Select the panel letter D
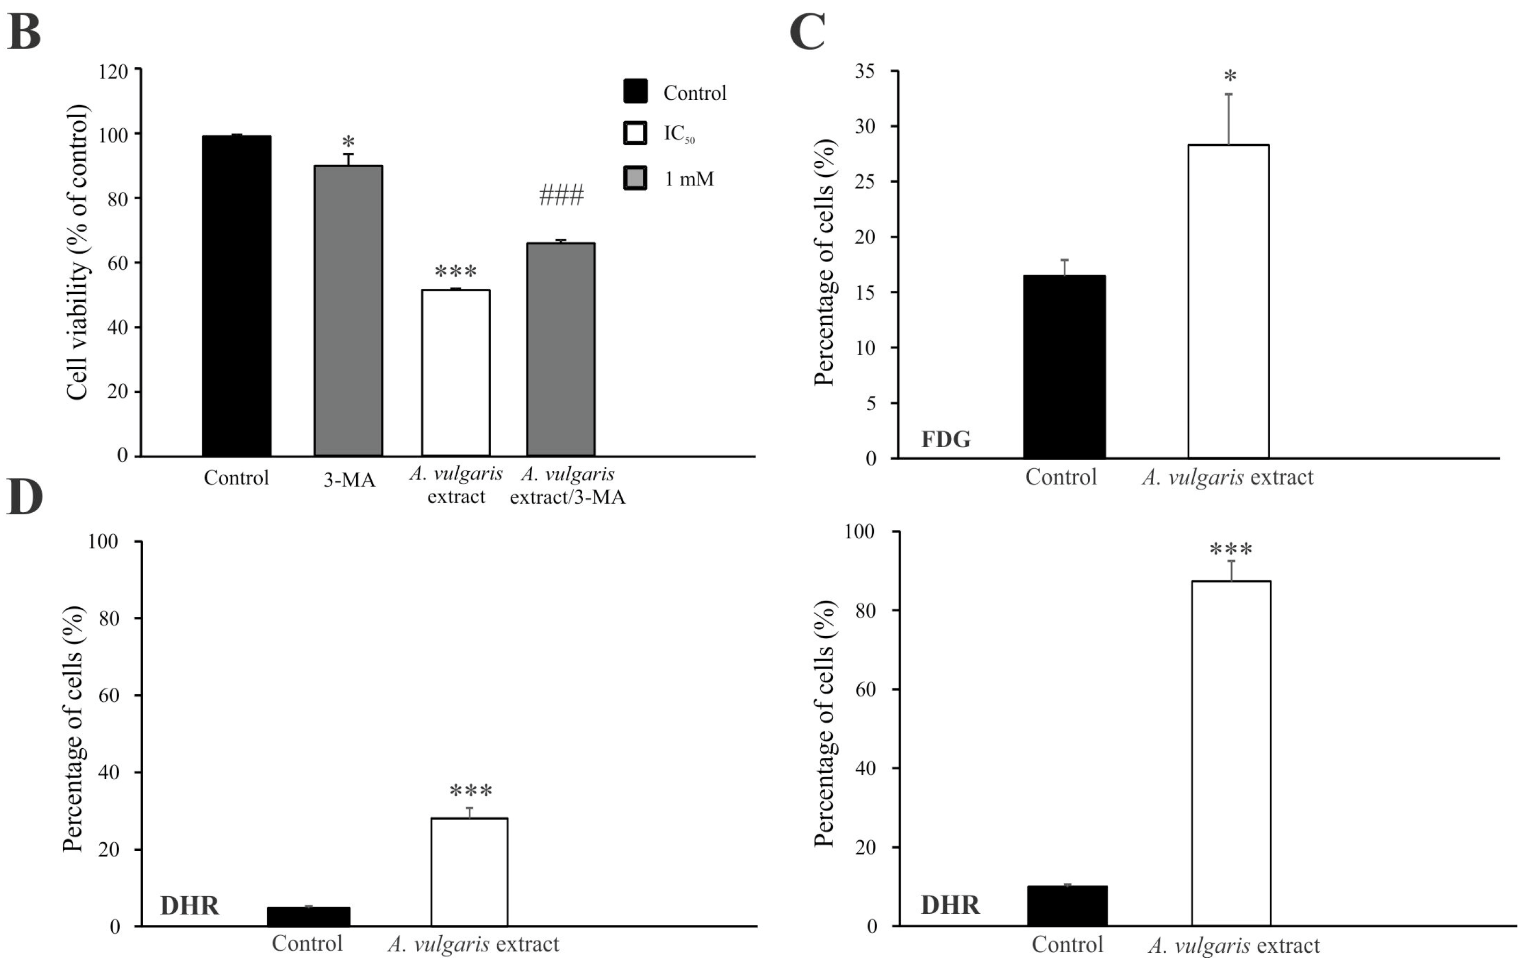[24, 498]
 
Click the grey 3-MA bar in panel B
[348, 311]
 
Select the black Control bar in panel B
[237, 295]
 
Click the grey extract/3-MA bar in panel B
[561, 349]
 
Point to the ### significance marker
[561, 196]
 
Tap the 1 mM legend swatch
[635, 178]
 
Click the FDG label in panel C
[945, 439]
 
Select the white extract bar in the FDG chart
[1228, 301]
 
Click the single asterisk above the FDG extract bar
[1230, 77]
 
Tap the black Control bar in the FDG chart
[1064, 366]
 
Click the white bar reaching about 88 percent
[1231, 753]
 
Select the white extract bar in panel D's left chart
[469, 872]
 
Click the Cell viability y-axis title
[77, 253]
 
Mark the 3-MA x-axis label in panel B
[349, 480]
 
